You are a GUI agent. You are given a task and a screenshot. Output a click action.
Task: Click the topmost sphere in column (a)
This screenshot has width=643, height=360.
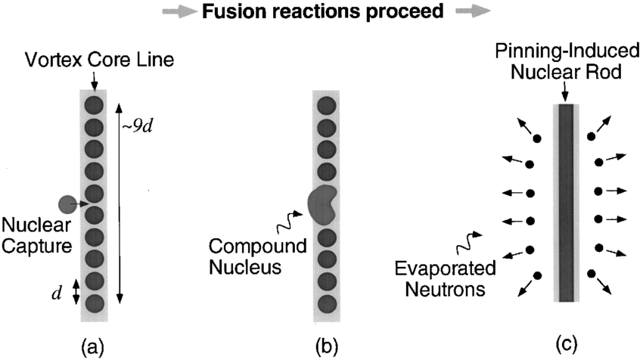(x=94, y=104)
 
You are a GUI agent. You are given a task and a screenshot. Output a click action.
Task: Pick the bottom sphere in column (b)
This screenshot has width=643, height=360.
(x=327, y=305)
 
